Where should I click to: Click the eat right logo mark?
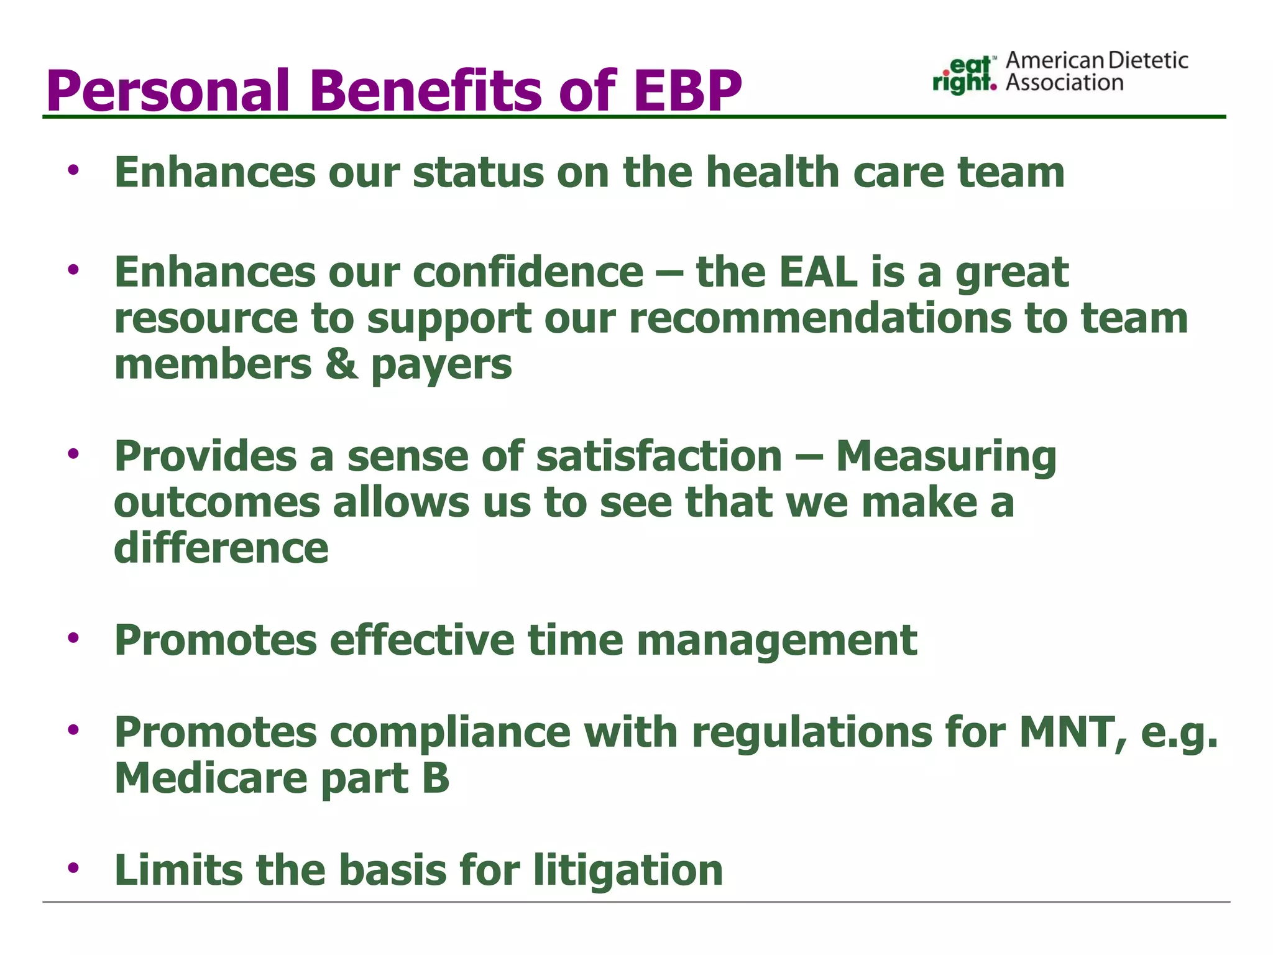[964, 75]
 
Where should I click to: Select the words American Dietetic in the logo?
[1096, 60]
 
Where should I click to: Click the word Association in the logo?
[1064, 83]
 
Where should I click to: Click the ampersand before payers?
[341, 364]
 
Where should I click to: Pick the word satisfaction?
[659, 456]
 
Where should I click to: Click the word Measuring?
[945, 456]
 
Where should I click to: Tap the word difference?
[221, 548]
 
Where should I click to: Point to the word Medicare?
[211, 778]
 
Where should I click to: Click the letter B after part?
[435, 778]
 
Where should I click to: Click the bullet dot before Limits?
[74, 867]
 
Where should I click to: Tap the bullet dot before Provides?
[74, 454]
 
